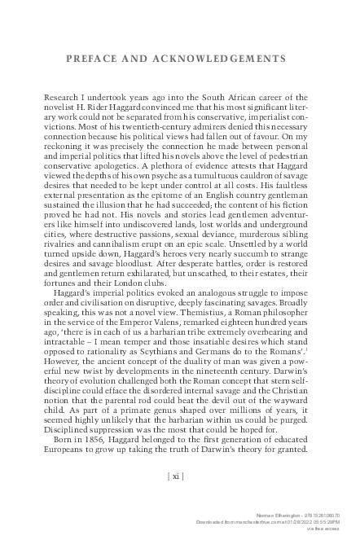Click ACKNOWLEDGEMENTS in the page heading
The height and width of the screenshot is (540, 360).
pyautogui.click(x=219, y=59)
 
